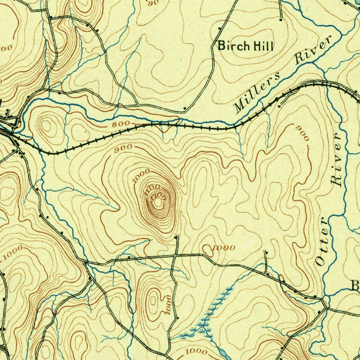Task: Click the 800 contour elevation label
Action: pyautogui.click(x=121, y=124)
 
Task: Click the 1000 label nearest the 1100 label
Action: pyautogui.click(x=141, y=176)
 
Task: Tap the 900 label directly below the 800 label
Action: pyautogui.click(x=123, y=147)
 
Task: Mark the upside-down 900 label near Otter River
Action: pyautogui.click(x=304, y=133)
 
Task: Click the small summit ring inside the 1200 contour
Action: pyautogui.click(x=159, y=203)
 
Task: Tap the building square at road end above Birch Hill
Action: pyautogui.click(x=281, y=20)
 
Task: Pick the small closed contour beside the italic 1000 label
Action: pyautogui.click(x=207, y=250)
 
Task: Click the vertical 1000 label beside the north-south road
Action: pyautogui.click(x=168, y=305)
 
